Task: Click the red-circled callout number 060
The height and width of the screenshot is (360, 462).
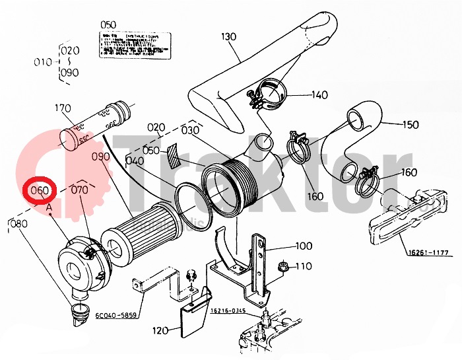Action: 40,191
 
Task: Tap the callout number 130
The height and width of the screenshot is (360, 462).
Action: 228,36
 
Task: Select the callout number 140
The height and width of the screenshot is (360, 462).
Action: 319,95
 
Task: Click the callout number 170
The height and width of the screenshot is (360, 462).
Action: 63,108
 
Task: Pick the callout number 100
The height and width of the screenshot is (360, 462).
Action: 303,246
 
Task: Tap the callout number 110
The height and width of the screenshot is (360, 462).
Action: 303,266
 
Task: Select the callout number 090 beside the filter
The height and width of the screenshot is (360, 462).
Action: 100,157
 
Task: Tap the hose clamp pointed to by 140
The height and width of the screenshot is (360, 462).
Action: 265,94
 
